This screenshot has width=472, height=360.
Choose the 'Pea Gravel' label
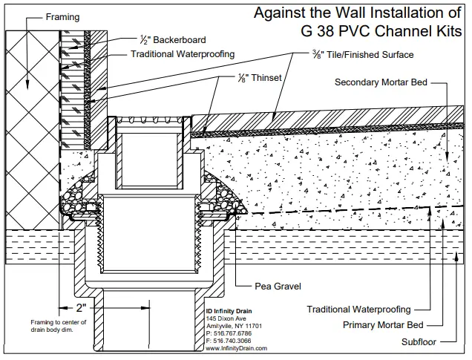click(258, 284)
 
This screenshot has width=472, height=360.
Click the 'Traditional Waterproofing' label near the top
click(183, 54)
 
